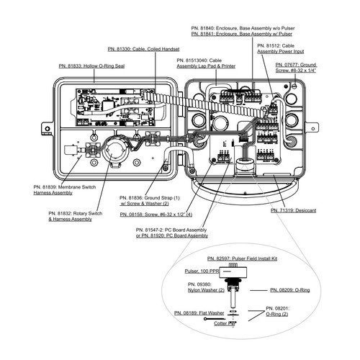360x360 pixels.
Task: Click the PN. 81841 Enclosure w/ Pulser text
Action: [244, 34]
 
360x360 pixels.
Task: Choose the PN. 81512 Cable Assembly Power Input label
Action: [283, 49]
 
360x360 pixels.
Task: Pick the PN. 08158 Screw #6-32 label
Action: [156, 215]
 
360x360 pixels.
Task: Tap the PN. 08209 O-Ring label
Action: [289, 290]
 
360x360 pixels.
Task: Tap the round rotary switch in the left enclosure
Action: [114, 150]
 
